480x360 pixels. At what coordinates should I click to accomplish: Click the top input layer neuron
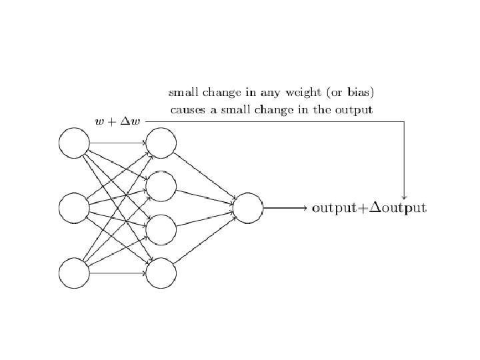pyautogui.click(x=74, y=143)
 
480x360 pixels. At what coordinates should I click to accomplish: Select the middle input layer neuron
pyautogui.click(x=74, y=208)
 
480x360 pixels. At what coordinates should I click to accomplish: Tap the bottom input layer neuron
pyautogui.click(x=74, y=273)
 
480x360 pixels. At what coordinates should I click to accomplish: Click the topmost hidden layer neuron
pyautogui.click(x=161, y=143)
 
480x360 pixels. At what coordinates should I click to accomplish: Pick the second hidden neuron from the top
pyautogui.click(x=161, y=186)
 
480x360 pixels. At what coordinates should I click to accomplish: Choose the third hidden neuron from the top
pyautogui.click(x=161, y=230)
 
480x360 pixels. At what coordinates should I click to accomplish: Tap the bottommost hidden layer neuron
pyautogui.click(x=161, y=273)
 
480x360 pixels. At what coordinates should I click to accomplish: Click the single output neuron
pyautogui.click(x=247, y=208)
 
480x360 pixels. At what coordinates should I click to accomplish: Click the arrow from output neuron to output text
pyautogui.click(x=285, y=208)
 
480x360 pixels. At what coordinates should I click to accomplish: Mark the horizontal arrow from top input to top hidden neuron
pyautogui.click(x=117, y=143)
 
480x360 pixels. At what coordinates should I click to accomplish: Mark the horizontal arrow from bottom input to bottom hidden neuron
pyautogui.click(x=117, y=273)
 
